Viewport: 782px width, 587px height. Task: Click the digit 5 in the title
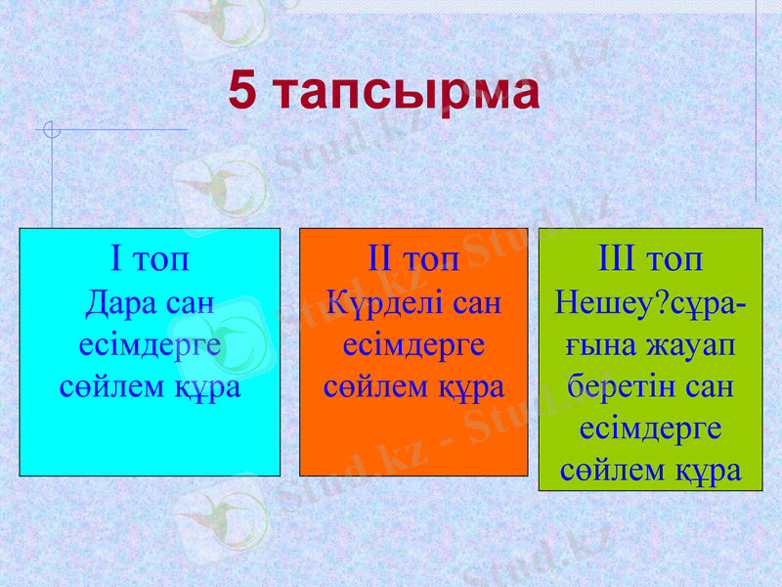(244, 92)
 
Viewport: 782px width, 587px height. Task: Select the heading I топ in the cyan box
(150, 260)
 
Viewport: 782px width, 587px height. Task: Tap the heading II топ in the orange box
(413, 260)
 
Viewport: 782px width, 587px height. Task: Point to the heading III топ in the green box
(650, 260)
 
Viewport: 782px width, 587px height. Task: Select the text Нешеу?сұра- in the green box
(650, 302)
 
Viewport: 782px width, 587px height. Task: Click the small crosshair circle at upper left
(53, 129)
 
